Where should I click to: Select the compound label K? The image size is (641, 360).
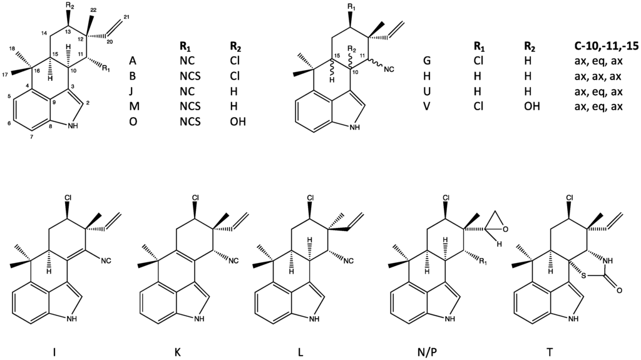[x=177, y=351]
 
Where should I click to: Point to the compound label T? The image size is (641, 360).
[x=549, y=351]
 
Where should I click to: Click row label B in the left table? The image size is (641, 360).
[x=133, y=75]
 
